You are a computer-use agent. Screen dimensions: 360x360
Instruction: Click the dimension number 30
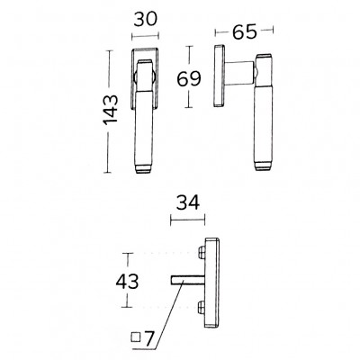pyautogui.click(x=145, y=20)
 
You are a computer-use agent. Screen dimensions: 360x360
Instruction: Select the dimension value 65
pyautogui.click(x=245, y=31)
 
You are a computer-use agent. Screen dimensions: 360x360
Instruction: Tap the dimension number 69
pyautogui.click(x=189, y=79)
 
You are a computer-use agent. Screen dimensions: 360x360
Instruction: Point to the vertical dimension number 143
pyautogui.click(x=111, y=110)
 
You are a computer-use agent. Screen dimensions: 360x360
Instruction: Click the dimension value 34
pyautogui.click(x=188, y=202)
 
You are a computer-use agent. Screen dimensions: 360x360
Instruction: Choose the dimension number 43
pyautogui.click(x=128, y=282)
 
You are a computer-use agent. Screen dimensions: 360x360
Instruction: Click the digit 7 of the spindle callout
pyautogui.click(x=149, y=338)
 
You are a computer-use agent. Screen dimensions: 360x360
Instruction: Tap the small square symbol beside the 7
pyautogui.click(x=136, y=337)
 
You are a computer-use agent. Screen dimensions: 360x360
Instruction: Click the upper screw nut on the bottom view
pyautogui.click(x=202, y=253)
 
